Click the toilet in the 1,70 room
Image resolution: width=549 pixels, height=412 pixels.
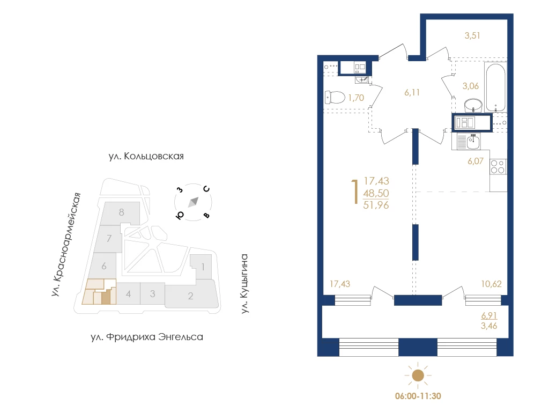coord(335,98)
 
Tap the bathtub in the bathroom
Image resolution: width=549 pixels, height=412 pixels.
coord(495,87)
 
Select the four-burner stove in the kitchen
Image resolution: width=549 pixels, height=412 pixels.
coord(498,167)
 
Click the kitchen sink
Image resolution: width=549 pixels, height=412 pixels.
coord(473,141)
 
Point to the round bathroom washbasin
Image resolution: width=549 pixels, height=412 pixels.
coord(473,105)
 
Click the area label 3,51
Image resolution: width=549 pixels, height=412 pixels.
coord(472,35)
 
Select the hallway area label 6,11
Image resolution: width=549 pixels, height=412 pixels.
coord(412,92)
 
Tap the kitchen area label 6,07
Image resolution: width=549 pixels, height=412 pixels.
coord(476,161)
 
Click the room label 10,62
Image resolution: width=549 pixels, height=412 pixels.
coord(491,284)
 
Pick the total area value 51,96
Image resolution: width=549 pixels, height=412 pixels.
coord(376,205)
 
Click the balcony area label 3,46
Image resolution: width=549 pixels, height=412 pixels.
coord(489,326)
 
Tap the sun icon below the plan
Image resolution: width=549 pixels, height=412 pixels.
coord(418,376)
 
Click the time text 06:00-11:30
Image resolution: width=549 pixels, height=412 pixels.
coord(418,396)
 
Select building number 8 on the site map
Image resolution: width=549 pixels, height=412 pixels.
coord(122,212)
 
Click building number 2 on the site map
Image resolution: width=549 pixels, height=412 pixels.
coord(190,296)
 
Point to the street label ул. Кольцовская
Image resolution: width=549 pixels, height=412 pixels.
coord(146,156)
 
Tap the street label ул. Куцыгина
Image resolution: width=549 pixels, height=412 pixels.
coord(244,283)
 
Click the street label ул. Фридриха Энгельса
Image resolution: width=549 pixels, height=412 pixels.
coord(147,337)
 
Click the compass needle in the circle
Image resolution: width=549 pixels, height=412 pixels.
coord(193,202)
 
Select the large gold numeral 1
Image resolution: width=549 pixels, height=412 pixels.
coord(355,192)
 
